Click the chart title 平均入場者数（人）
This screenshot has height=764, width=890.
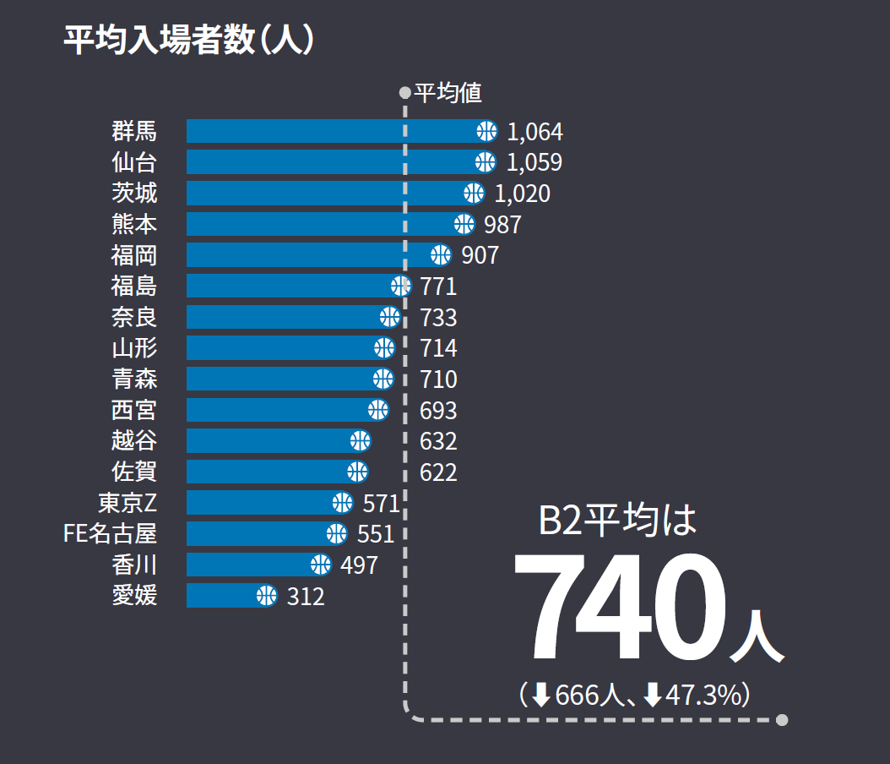(189, 41)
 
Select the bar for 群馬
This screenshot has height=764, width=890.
(329, 131)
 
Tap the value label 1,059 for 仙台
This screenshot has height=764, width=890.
(534, 162)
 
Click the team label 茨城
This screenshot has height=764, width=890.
(134, 193)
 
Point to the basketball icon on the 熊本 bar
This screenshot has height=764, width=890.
(464, 224)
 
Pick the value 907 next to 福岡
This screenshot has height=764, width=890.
(480, 255)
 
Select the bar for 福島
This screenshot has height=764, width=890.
(287, 286)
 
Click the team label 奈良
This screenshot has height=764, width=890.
(134, 317)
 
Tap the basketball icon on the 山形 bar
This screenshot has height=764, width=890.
(384, 347)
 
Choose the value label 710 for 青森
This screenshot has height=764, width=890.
(438, 379)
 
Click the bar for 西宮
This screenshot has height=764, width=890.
(279, 410)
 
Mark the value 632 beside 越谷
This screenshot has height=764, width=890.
(438, 441)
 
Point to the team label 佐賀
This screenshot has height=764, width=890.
(134, 472)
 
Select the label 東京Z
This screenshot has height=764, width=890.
(128, 503)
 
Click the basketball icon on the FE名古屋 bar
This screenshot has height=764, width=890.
(336, 533)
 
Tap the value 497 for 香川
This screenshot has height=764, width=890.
(359, 565)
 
